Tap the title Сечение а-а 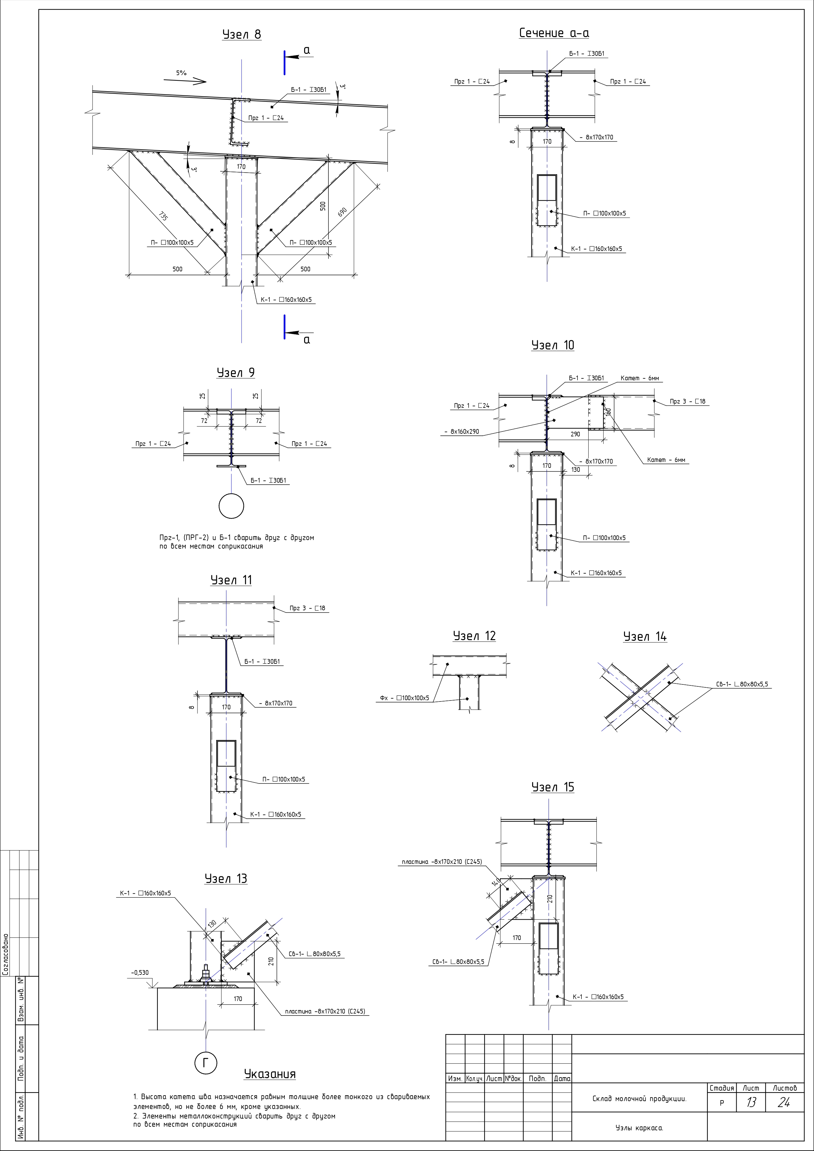click(554, 33)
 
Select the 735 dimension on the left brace click(163, 217)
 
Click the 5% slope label click(181, 73)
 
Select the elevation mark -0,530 click(140, 973)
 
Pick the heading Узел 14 click(645, 637)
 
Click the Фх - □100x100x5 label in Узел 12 click(405, 698)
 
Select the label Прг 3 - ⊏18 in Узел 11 click(307, 608)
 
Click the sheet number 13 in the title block click(751, 1103)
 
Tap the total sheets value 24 click(784, 1103)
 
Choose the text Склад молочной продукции click(639, 1099)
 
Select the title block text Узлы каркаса click(639, 1128)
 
